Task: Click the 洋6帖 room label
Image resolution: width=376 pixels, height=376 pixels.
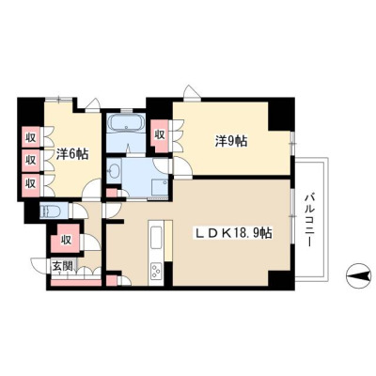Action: tap(72, 154)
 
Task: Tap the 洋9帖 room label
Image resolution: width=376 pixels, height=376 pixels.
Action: tap(231, 141)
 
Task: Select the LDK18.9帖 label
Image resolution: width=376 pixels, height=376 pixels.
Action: tap(232, 233)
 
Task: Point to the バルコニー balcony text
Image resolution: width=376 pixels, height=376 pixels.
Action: tap(310, 220)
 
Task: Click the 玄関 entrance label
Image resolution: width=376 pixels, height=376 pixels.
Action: tap(62, 266)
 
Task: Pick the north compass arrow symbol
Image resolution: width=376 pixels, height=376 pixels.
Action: tap(358, 275)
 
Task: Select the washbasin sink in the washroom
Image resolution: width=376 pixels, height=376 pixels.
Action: tap(112, 171)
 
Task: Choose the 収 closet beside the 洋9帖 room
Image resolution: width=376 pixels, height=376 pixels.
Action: tap(160, 135)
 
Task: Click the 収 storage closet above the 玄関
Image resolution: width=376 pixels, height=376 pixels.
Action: tap(66, 239)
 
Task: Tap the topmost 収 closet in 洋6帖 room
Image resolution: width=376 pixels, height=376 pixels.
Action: tap(31, 136)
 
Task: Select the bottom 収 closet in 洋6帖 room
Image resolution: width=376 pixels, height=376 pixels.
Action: tap(31, 184)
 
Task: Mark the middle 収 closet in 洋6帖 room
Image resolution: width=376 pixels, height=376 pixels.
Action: tap(31, 161)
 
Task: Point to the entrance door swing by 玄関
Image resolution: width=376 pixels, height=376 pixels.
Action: tap(39, 265)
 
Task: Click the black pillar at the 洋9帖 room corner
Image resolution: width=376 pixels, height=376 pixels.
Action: tap(281, 115)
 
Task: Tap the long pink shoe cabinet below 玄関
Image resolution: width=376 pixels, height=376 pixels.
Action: tap(76, 282)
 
